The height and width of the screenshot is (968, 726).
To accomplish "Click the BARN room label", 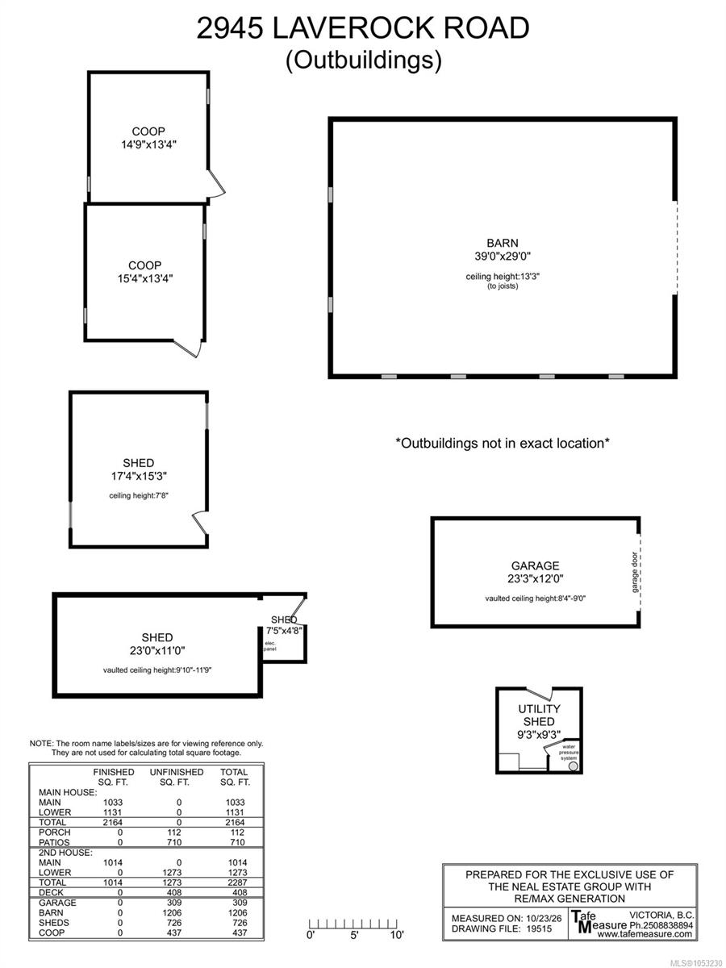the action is [x=502, y=243].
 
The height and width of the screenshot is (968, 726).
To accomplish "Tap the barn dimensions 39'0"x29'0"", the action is [x=502, y=256].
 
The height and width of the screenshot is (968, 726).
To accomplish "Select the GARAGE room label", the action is [x=535, y=565].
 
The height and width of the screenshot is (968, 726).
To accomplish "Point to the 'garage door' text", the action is [x=634, y=572].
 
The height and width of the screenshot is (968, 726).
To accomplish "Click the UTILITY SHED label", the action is [x=539, y=716].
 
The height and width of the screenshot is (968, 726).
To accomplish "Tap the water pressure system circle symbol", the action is [x=573, y=766].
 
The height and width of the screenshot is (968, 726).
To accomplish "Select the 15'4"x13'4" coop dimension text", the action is [x=145, y=278].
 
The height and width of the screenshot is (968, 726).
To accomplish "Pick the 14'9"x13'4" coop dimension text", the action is [x=148, y=144].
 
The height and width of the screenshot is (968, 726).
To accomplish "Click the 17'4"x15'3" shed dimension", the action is [x=139, y=476].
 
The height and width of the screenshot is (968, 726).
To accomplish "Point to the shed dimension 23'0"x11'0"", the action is [x=157, y=650].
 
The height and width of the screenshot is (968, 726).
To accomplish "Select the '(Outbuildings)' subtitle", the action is [x=363, y=60].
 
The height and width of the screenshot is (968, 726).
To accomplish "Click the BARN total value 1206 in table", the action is [x=238, y=912].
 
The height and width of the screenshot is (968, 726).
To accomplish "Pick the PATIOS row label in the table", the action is [x=54, y=842].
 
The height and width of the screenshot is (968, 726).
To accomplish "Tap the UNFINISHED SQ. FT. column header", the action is [x=177, y=777].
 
